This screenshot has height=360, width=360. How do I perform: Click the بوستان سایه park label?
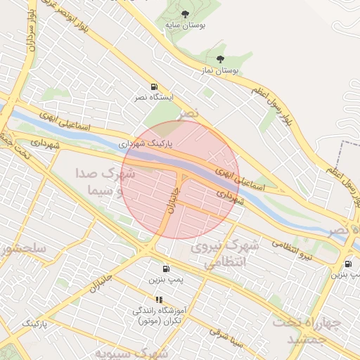[184, 25]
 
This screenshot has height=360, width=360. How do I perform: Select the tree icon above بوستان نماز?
[221, 60]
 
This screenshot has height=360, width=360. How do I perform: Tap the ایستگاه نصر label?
[151, 98]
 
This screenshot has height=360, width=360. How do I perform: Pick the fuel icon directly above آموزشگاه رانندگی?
[166, 268]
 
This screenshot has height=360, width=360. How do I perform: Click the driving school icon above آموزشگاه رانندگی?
[159, 300]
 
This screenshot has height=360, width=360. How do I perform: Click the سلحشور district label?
[21, 249]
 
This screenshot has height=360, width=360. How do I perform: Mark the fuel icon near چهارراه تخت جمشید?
[347, 264]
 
